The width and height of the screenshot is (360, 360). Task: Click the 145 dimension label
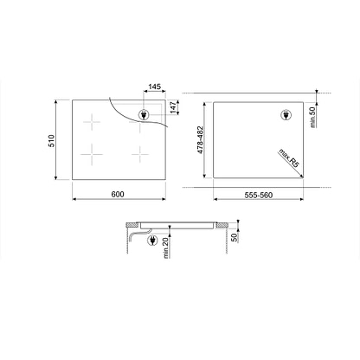(x=154, y=87)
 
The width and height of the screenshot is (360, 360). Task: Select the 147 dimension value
(x=173, y=107)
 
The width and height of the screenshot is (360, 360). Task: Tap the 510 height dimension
(x=51, y=140)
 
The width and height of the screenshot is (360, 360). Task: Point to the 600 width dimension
(x=118, y=194)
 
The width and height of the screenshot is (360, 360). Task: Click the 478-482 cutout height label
(x=201, y=139)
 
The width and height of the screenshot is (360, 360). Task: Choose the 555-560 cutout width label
(x=259, y=196)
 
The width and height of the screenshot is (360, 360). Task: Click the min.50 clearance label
(x=312, y=117)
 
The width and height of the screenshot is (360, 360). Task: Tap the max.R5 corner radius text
(x=289, y=158)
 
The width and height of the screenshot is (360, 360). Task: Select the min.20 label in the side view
(x=166, y=247)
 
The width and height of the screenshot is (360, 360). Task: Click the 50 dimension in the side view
(x=235, y=237)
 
